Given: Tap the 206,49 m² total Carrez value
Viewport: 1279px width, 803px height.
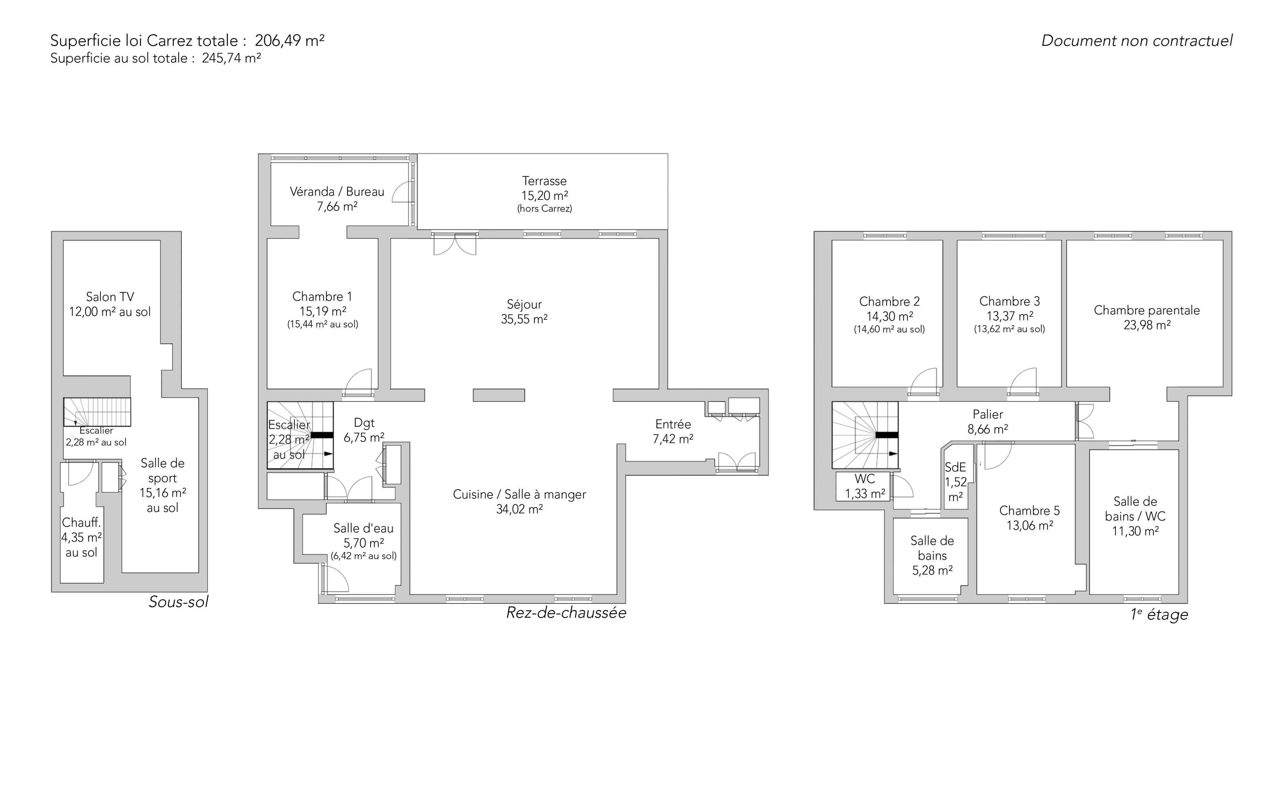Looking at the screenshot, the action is [289, 40].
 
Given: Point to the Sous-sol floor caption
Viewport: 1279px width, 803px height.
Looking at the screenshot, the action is [179, 602].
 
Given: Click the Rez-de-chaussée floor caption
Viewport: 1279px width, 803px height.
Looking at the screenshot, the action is [566, 613].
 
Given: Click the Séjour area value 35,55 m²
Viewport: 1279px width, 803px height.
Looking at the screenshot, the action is [524, 319].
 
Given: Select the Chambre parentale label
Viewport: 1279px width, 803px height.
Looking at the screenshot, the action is [1147, 310].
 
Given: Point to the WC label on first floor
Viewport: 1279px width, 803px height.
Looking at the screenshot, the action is [865, 479].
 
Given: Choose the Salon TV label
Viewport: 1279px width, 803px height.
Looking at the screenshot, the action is [110, 297].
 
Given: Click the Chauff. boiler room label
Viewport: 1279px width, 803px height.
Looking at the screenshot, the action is [81, 523].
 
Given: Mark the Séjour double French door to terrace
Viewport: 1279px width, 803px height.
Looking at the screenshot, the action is [455, 244].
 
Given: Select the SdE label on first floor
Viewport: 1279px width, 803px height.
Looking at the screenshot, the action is [955, 467].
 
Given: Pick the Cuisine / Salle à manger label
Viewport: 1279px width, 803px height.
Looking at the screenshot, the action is [520, 495].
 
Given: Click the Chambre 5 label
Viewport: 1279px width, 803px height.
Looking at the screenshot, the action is [1030, 511].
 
